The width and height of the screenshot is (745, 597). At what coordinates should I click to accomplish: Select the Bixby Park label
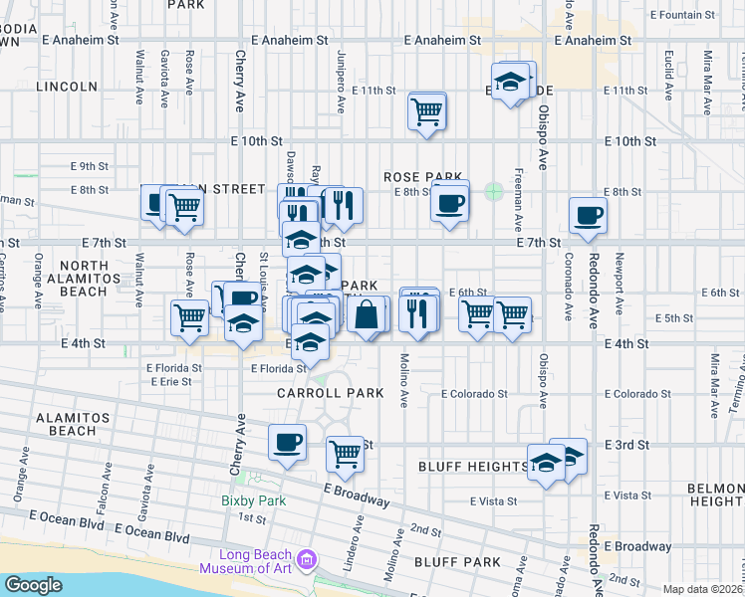pos(253,499)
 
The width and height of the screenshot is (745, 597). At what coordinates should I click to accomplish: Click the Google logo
pos(33,585)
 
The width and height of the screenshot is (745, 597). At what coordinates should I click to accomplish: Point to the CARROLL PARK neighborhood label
pos(331,393)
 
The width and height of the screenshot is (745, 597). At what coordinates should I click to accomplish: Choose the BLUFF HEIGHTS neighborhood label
pos(472,467)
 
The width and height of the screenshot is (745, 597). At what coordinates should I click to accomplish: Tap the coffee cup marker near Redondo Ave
pos(588,215)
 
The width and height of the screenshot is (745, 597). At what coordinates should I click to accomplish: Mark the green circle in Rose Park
pos(493,190)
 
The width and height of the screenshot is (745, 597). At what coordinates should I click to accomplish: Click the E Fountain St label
pos(682,16)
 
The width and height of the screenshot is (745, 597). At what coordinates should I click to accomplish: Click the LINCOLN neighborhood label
pos(67,87)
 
